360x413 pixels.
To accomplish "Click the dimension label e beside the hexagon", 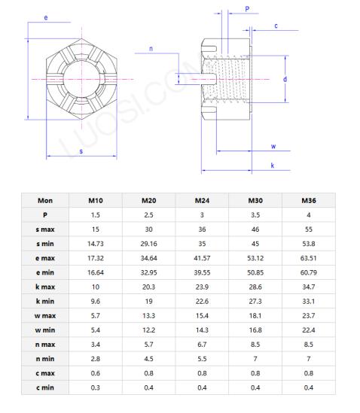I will tap(47, 16).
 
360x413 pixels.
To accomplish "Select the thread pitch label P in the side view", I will tap(247, 10).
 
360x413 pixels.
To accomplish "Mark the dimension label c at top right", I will tap(276, 26).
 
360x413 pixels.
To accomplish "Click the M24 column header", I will tap(202, 201).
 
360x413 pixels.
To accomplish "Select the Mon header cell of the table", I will tap(44, 201).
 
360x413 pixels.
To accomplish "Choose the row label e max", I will tap(44, 258).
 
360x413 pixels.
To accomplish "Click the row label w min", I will tap(44, 329).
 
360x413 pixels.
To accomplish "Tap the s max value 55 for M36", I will tap(309, 229).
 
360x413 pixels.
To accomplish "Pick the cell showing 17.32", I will tap(96, 258).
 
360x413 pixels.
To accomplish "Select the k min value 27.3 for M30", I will tap(255, 301).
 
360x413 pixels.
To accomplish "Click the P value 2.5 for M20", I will tap(148, 215).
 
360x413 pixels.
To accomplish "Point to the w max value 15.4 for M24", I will tap(202, 315).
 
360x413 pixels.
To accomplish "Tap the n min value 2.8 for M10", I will tap(96, 358).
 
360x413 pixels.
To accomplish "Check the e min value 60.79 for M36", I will tap(309, 272).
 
